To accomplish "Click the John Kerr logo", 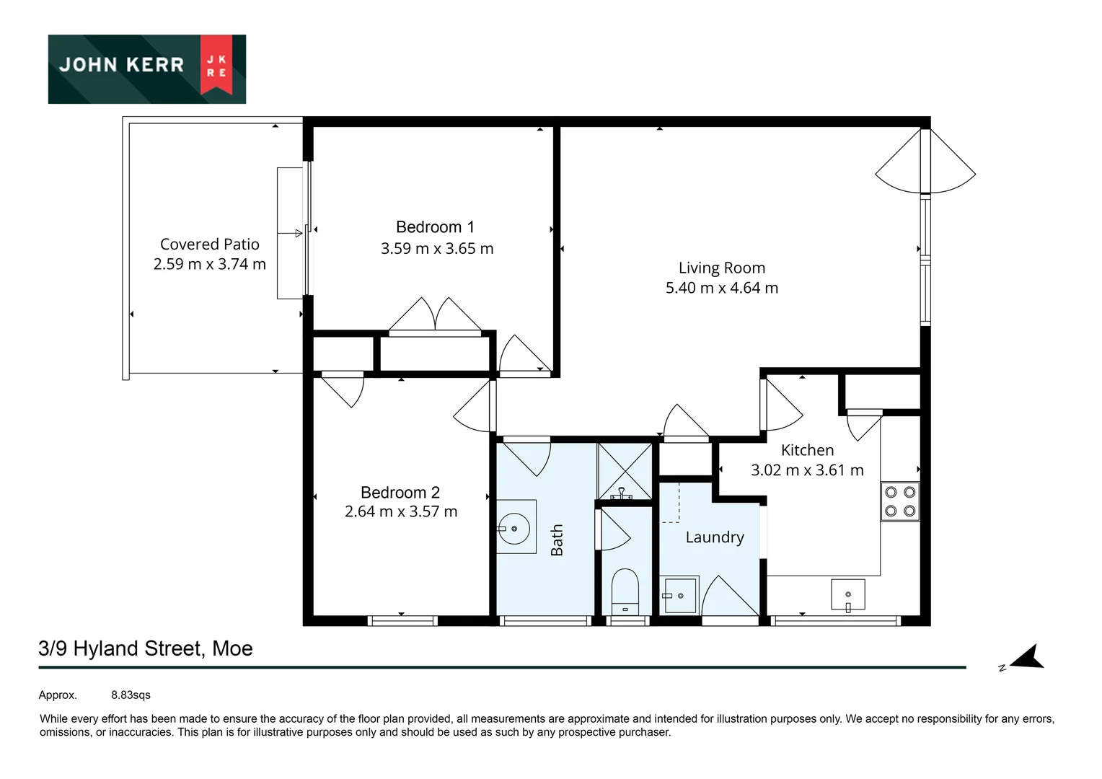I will (x=146, y=69).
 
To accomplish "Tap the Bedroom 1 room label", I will (x=435, y=227).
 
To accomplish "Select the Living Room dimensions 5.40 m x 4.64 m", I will (x=721, y=288).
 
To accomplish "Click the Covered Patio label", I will (x=209, y=245).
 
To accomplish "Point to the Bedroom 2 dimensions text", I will (x=400, y=511).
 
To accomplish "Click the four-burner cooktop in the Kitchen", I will (x=899, y=501).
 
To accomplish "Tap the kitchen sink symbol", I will (x=847, y=595).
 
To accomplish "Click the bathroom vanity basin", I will (x=515, y=528).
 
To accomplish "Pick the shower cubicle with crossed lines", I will (x=625, y=471).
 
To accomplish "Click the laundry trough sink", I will (x=679, y=595).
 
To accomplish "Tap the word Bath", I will (x=557, y=540).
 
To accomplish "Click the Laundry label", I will (x=714, y=537).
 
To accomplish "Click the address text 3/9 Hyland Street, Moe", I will (x=146, y=648).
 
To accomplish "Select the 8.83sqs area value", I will (x=131, y=695).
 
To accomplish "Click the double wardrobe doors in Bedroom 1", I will (x=434, y=315).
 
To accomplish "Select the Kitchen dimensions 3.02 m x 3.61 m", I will (x=806, y=470).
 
